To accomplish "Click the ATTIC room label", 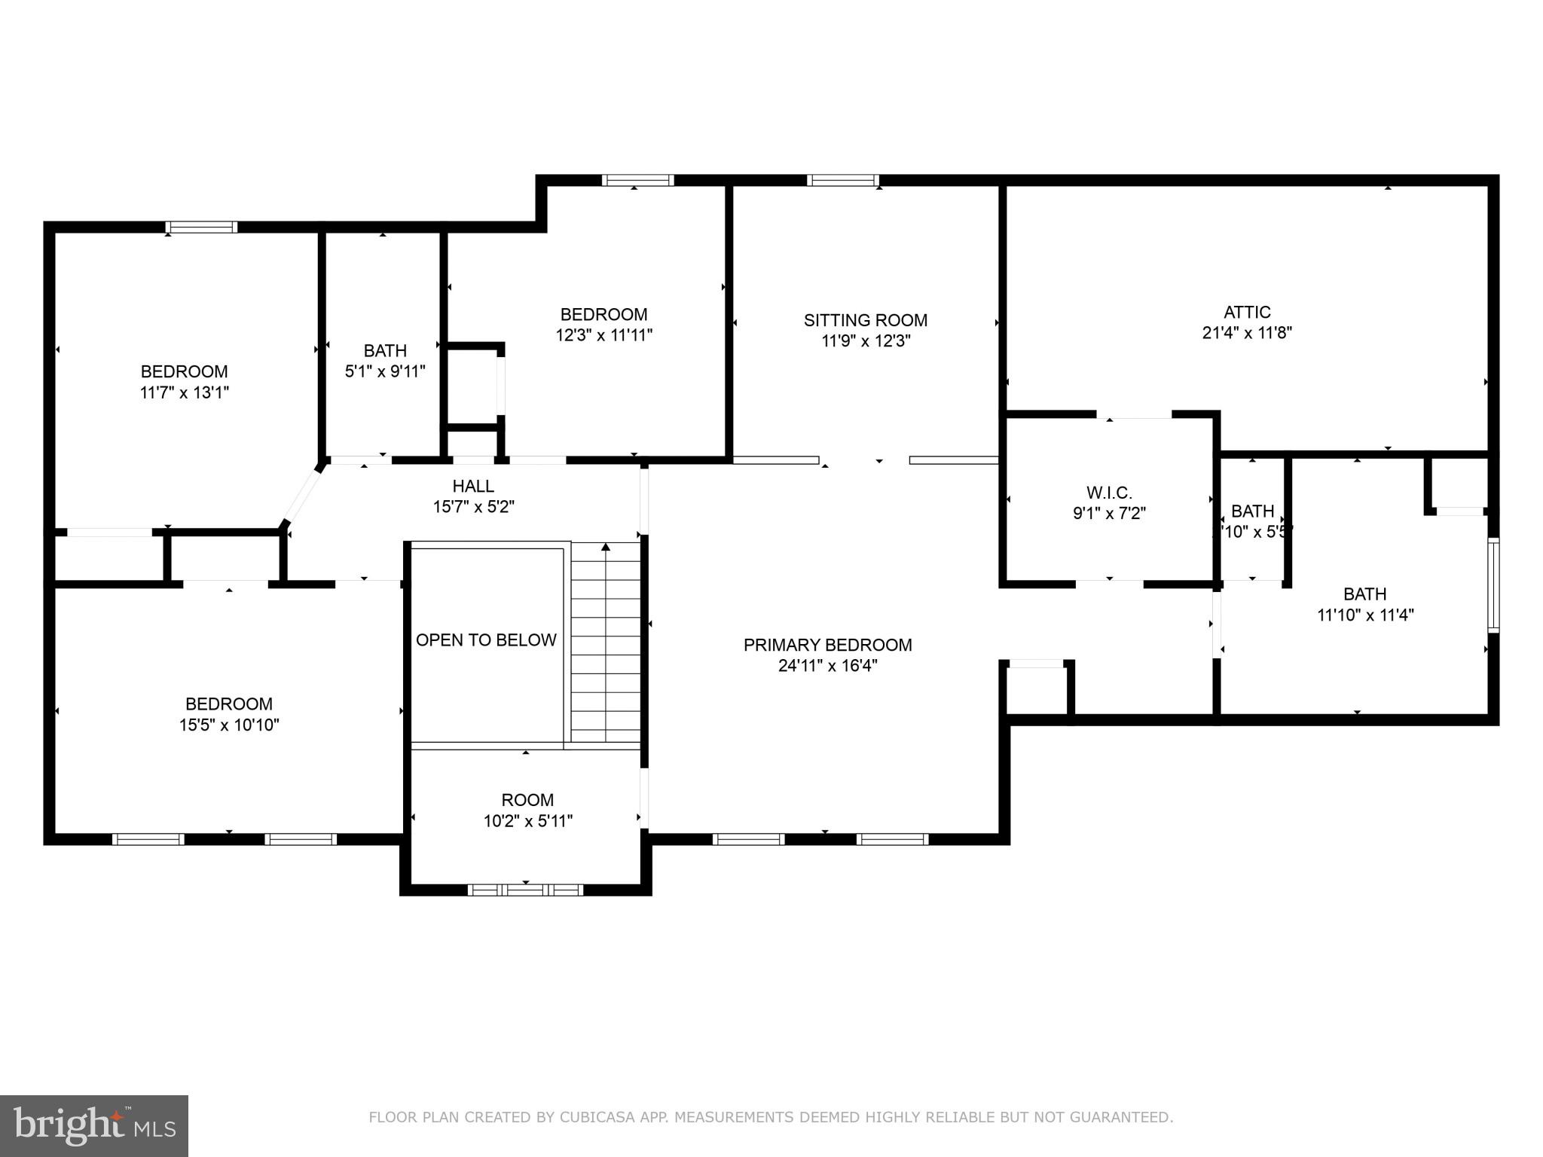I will (1247, 312).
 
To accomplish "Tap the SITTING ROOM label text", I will (865, 320).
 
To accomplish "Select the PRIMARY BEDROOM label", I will (827, 645).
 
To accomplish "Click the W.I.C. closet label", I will (1109, 493).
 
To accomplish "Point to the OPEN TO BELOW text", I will (486, 640).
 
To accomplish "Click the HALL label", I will (473, 486).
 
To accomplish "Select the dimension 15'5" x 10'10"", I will (229, 725).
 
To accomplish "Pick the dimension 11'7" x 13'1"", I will (185, 392).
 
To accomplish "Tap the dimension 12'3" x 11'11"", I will (603, 335).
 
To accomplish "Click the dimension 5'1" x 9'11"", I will (385, 371).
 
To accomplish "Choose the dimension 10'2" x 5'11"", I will (527, 821).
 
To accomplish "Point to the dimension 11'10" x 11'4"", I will (1364, 615).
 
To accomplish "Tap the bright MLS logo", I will (94, 1125).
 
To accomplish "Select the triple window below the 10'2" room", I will (525, 890).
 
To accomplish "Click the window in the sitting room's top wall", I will (842, 180).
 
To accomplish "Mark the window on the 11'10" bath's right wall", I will (1493, 585).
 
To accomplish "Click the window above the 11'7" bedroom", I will (201, 227).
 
